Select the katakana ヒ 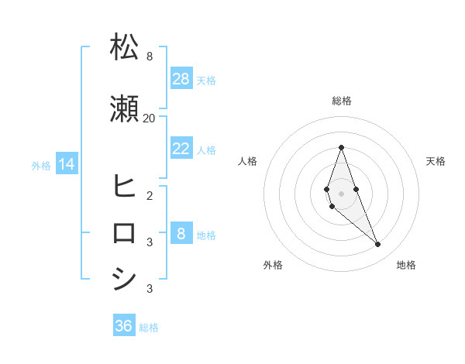pyautogui.click(x=125, y=187)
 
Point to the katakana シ pyautogui.click(x=125, y=279)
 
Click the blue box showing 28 pyautogui.click(x=181, y=79)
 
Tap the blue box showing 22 pyautogui.click(x=181, y=149)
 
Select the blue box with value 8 pyautogui.click(x=181, y=234)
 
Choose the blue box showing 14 pyautogui.click(x=67, y=164)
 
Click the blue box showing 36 pyautogui.click(x=124, y=326)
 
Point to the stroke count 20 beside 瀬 pyautogui.click(x=149, y=118)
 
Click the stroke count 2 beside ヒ pyautogui.click(x=149, y=195)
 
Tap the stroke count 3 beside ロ pyautogui.click(x=149, y=242)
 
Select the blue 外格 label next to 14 pyautogui.click(x=41, y=165)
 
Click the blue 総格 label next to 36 pyautogui.click(x=149, y=328)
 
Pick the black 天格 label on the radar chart pyautogui.click(x=436, y=161)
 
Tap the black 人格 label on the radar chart pyautogui.click(x=247, y=161)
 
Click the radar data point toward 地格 pyautogui.click(x=377, y=245)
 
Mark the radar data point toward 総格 pyautogui.click(x=341, y=147)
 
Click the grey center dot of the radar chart pyautogui.click(x=341, y=194)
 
